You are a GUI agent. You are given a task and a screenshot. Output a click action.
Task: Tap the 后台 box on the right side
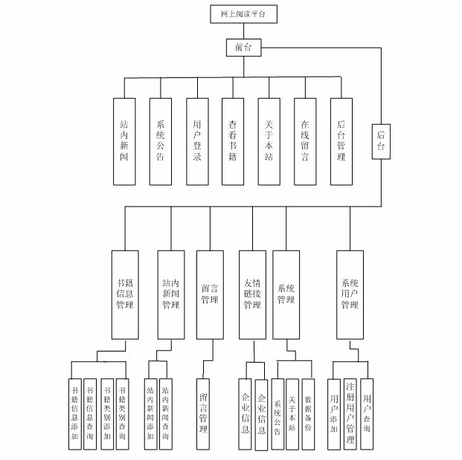click(x=382, y=140)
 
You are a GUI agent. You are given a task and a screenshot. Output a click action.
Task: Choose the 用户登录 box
click(x=196, y=141)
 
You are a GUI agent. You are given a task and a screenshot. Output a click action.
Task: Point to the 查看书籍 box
click(x=233, y=141)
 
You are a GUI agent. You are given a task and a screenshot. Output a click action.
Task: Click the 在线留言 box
click(x=304, y=141)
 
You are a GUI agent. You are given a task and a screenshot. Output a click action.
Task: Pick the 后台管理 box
click(x=341, y=141)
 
